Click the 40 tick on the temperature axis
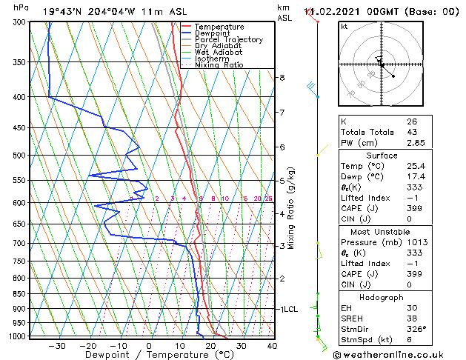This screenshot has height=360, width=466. click(272, 345)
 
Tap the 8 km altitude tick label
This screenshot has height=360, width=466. click(282, 78)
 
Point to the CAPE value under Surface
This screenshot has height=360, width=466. click(414, 209)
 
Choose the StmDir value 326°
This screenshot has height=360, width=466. click(416, 330)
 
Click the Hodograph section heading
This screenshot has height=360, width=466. click(382, 296)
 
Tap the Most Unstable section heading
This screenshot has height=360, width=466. click(382, 231)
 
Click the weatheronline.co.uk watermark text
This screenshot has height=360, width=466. click(393, 353)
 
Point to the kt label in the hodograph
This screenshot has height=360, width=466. click(344, 26)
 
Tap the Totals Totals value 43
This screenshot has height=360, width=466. click(412, 132)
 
